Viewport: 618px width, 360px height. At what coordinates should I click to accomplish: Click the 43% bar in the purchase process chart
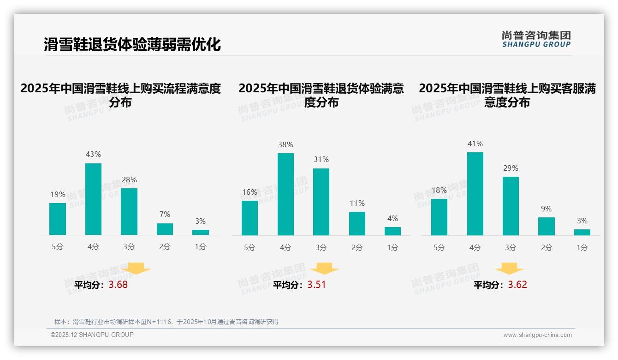(x=93, y=199)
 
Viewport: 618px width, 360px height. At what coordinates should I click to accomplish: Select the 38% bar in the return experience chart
(x=285, y=194)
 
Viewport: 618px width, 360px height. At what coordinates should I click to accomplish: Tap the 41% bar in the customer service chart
(x=475, y=194)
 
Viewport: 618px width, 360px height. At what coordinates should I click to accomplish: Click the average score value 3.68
(x=118, y=285)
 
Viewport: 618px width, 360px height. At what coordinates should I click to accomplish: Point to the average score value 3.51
(x=316, y=285)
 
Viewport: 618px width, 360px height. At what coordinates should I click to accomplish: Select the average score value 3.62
(x=517, y=285)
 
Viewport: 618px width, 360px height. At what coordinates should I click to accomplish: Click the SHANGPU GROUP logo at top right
(x=536, y=39)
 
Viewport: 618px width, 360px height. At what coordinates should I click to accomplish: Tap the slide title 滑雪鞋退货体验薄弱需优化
(x=132, y=45)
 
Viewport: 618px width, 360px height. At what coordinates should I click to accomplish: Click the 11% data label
(x=357, y=203)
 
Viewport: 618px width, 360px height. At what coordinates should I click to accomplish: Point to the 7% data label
(x=165, y=214)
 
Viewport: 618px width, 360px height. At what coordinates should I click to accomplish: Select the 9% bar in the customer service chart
(x=546, y=226)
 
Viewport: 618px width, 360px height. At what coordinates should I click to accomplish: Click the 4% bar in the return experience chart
(x=392, y=231)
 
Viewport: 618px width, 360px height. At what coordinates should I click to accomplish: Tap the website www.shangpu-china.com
(x=537, y=335)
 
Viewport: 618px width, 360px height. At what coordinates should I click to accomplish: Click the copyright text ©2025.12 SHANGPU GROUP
(x=92, y=335)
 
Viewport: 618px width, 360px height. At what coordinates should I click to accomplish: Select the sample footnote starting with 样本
(x=166, y=322)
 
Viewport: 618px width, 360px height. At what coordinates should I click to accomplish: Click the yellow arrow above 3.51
(x=324, y=269)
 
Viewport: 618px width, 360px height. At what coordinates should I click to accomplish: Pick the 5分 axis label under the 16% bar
(x=250, y=247)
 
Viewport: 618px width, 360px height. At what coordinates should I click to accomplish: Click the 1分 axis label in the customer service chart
(x=582, y=247)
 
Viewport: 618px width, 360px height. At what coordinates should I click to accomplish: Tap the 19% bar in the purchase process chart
(x=58, y=219)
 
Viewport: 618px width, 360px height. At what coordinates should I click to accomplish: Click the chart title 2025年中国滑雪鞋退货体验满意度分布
(x=321, y=95)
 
